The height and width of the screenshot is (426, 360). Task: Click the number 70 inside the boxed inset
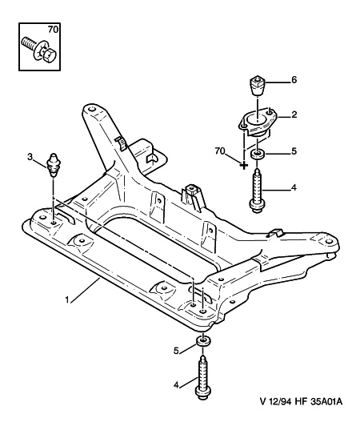[x=54, y=30]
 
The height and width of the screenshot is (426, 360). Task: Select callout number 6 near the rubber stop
[x=294, y=80]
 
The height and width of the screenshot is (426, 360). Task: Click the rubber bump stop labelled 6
[x=257, y=86]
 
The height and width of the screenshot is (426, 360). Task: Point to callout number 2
[x=294, y=115]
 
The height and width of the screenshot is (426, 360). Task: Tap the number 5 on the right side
[x=294, y=151]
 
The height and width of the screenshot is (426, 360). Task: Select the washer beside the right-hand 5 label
[x=256, y=155]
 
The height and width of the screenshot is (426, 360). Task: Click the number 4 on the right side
[x=294, y=187]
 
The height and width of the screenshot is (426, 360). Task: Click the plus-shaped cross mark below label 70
[x=244, y=165]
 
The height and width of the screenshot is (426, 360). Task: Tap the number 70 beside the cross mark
[x=220, y=151]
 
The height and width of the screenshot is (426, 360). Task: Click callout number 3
[x=30, y=156]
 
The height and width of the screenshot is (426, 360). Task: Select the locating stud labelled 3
[x=54, y=165]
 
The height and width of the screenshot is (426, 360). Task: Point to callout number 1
[x=67, y=300]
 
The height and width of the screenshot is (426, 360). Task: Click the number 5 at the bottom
[x=176, y=351]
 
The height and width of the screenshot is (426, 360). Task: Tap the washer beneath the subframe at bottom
[x=202, y=341]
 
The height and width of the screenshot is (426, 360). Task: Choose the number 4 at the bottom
[x=176, y=385]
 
